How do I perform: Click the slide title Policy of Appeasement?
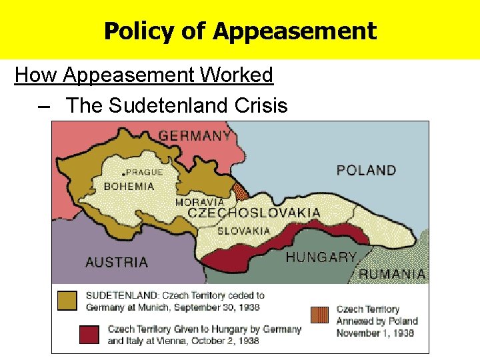pos(240,31)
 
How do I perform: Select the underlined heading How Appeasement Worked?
pos(144,75)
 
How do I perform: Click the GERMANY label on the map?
pos(195,135)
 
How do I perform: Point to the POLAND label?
pos(366,170)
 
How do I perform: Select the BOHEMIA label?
pos(129,186)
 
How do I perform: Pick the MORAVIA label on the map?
pos(199,202)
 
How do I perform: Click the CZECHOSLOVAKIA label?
pos(253,213)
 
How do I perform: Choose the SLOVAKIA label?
pos(243,231)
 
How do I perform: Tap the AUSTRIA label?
pos(117,262)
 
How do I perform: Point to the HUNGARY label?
pos(321,257)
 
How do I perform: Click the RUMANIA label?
pos(392,273)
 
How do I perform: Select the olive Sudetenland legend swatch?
pos(67,301)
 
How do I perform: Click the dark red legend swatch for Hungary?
pos(89,335)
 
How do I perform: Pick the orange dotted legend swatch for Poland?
pos(320,315)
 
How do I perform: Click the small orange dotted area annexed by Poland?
pos(241,192)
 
